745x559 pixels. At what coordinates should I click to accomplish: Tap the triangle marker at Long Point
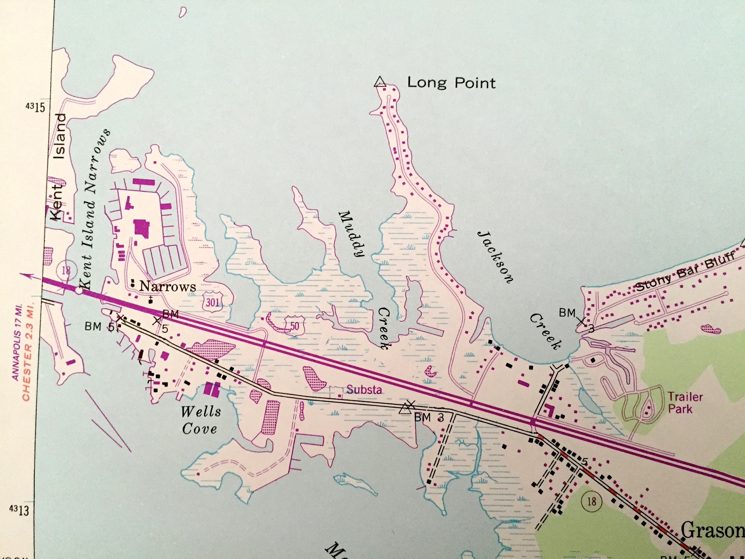tap(380, 82)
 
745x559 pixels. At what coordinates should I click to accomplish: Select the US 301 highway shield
tap(213, 302)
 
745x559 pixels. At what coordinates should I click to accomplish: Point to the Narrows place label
tap(167, 287)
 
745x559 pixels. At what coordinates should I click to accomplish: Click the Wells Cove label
tap(200, 420)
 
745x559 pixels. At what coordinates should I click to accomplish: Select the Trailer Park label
tap(685, 403)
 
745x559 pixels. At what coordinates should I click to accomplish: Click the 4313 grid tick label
tap(20, 511)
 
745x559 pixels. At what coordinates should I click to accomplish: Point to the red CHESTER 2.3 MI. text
tap(27, 350)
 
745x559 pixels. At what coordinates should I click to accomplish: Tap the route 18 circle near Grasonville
tap(592, 502)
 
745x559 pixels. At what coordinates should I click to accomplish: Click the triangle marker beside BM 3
tap(404, 409)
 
